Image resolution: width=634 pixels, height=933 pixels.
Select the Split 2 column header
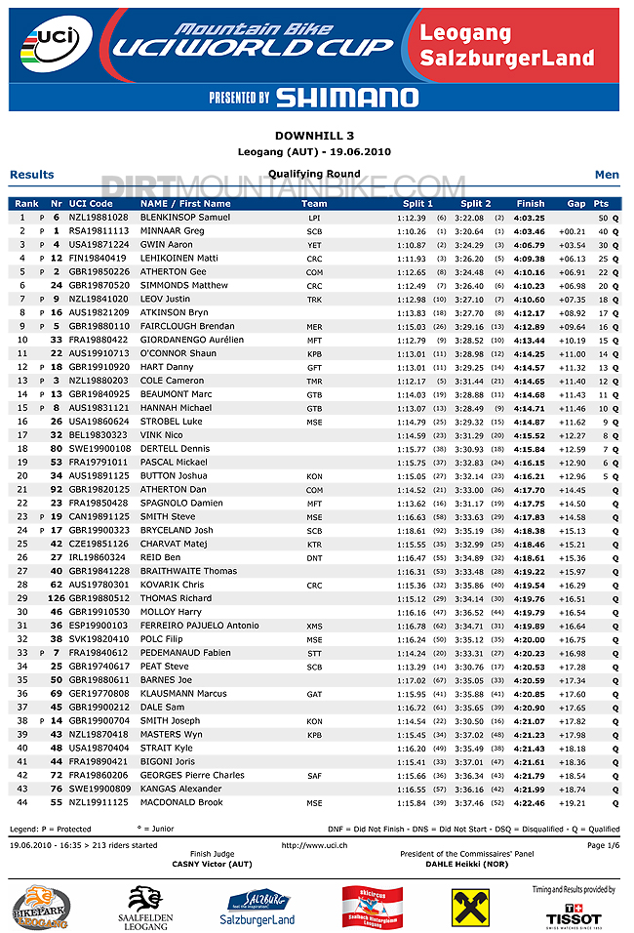pos(476,203)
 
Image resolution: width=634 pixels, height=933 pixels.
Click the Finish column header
pos(531,203)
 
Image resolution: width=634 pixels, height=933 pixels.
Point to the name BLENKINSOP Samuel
pos(185,217)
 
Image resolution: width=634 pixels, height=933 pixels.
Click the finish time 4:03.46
pos(529,230)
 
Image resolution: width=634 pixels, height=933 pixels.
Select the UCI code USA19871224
pos(99,244)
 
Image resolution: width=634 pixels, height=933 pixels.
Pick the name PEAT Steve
pos(165,667)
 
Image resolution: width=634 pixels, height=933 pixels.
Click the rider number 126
pos(56,598)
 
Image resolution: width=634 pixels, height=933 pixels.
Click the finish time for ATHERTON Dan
pos(529,490)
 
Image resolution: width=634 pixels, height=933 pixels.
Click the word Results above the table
pos(32,175)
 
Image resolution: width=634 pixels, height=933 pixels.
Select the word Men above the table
pos(607,175)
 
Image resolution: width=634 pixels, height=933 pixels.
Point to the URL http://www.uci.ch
pos(315,845)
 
